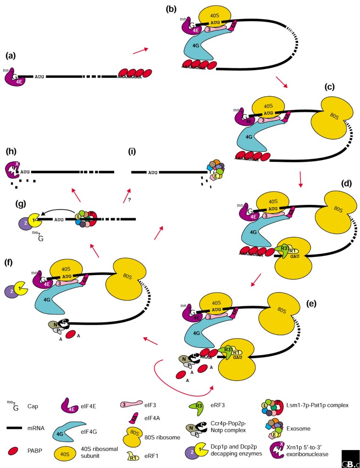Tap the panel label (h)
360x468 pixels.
pyautogui.click(x=11, y=152)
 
